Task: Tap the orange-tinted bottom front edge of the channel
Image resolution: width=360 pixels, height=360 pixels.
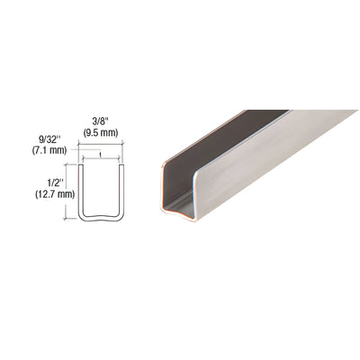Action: pyautogui.click(x=180, y=213)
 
